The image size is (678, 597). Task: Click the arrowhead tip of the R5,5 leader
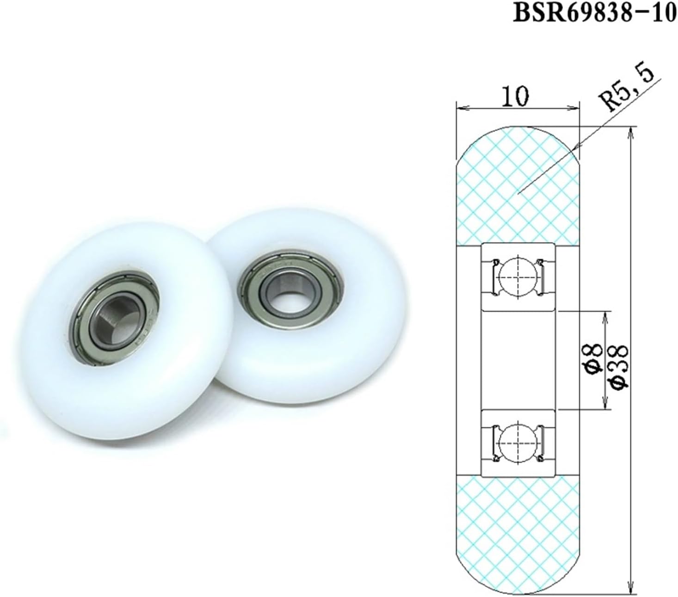coord(574,149)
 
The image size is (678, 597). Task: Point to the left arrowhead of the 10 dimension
coord(458,109)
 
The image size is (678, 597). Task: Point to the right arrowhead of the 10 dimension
coord(577,109)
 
